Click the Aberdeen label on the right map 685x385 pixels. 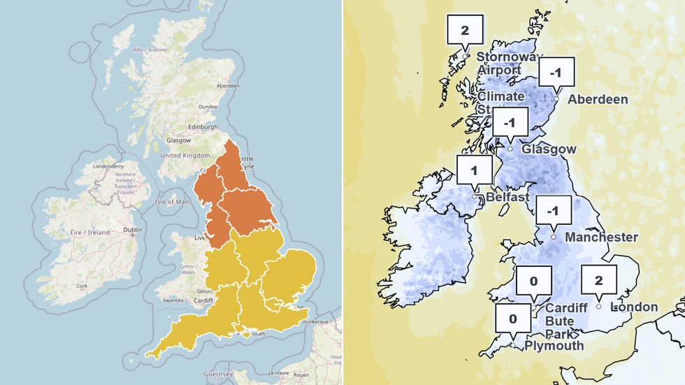click(x=598, y=99)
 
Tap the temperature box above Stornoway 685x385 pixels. click(x=465, y=29)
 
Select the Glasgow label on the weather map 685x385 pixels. click(x=549, y=149)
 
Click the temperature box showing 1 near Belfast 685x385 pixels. click(x=473, y=170)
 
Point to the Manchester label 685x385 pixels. click(x=601, y=237)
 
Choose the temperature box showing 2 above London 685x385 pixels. click(x=598, y=280)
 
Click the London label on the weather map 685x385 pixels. click(x=635, y=307)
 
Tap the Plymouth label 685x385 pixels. click(x=554, y=345)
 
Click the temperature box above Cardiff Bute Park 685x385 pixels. click(x=533, y=282)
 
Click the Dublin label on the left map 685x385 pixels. click(x=133, y=228)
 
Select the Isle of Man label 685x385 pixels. click(x=173, y=202)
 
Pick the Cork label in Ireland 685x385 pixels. click(x=83, y=286)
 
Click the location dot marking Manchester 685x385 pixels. click(x=554, y=237)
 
